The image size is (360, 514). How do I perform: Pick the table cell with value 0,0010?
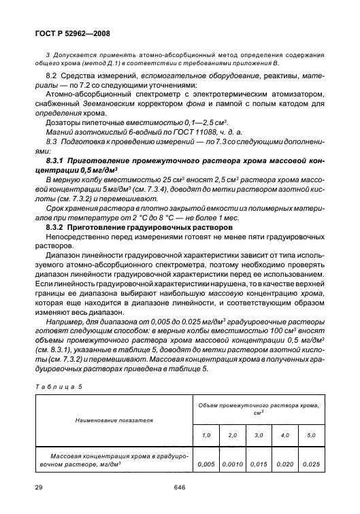coord(233,464)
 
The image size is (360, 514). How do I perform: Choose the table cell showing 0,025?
coord(310,464)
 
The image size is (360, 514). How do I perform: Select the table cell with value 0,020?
coord(284,464)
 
